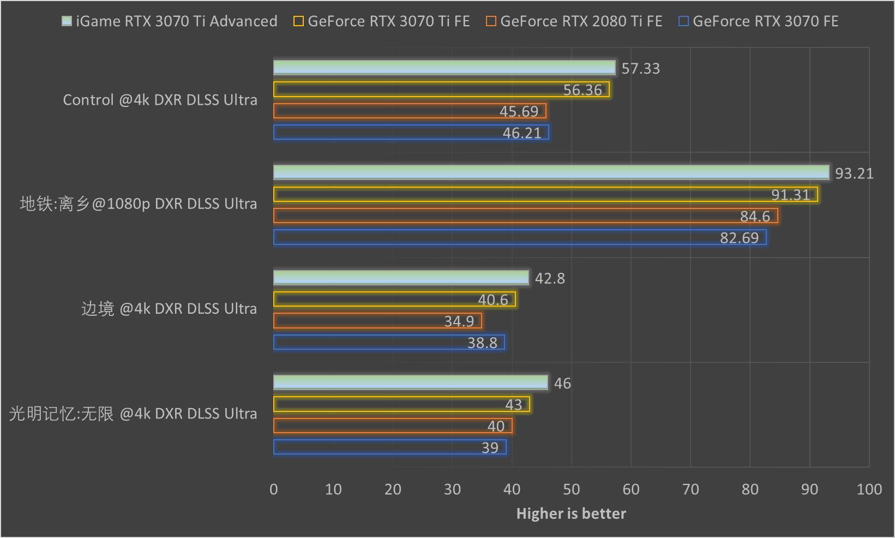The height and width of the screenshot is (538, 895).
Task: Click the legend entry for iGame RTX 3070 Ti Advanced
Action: point(170,21)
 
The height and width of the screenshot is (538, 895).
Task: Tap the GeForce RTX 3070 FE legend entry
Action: point(759,21)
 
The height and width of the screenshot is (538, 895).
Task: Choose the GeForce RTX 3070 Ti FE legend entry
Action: point(382,21)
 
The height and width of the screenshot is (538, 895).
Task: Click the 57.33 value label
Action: point(640,69)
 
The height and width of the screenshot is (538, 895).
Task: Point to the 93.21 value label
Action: point(854,174)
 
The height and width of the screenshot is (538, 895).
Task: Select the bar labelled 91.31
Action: point(545,194)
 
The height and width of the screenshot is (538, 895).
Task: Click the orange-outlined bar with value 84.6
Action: point(525,216)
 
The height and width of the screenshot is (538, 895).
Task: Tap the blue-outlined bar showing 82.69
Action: point(520,237)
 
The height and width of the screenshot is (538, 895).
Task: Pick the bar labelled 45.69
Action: point(410,111)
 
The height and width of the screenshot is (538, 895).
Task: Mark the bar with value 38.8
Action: point(389,343)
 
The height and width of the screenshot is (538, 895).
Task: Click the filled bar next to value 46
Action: point(410,382)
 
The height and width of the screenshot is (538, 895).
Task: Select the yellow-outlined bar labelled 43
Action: point(401,404)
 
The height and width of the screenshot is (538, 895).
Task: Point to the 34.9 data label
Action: point(459,321)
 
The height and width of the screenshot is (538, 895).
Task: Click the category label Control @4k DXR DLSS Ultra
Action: point(160,100)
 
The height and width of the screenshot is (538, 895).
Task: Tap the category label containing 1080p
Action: point(138,204)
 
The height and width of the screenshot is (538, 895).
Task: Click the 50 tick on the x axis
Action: point(571,489)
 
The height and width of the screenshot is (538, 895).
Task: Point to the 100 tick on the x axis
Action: point(869,489)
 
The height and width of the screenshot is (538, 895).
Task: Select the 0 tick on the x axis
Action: point(274,489)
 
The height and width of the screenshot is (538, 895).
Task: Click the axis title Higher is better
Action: point(571,513)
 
